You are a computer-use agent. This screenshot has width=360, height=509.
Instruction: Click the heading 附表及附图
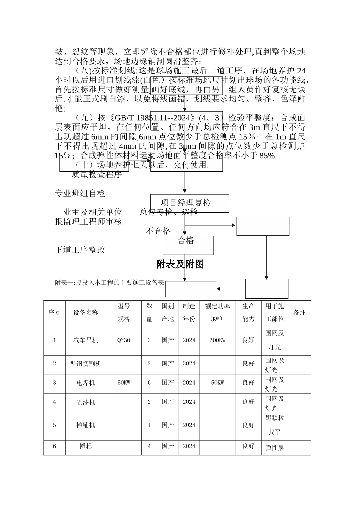pyautogui.click(x=180, y=264)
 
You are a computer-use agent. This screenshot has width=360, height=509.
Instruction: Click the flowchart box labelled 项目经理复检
pyautogui.click(x=186, y=203)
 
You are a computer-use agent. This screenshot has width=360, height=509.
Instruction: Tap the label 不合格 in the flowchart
pyautogui.click(x=158, y=231)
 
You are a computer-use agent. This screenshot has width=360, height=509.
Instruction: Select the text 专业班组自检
pyautogui.click(x=80, y=194)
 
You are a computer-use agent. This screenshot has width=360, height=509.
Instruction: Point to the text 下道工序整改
pyautogui.click(x=80, y=250)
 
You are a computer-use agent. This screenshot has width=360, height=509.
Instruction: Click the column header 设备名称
pyautogui.click(x=86, y=312)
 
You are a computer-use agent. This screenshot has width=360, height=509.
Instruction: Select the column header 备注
pyautogui.click(x=299, y=312)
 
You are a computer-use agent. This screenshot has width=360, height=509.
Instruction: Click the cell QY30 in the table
pyautogui.click(x=124, y=340)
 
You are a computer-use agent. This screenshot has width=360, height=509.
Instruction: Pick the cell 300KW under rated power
pyautogui.click(x=217, y=340)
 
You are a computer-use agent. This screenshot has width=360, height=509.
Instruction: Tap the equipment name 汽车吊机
pyautogui.click(x=86, y=340)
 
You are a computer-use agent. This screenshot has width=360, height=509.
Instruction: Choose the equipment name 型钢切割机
pyautogui.click(x=86, y=364)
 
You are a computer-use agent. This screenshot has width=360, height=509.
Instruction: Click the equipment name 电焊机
pyautogui.click(x=86, y=383)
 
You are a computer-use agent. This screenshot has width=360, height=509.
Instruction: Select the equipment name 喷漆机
pyautogui.click(x=86, y=402)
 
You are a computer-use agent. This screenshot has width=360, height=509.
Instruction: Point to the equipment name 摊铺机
pyautogui.click(x=86, y=425)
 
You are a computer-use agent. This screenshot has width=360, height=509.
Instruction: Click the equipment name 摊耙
pyautogui.click(x=86, y=446)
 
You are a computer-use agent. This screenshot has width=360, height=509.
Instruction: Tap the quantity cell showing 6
pyautogui.click(x=149, y=383)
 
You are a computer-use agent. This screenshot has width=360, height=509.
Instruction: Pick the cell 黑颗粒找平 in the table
pyautogui.click(x=274, y=425)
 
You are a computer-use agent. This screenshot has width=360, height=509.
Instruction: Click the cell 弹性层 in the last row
pyautogui.click(x=274, y=448)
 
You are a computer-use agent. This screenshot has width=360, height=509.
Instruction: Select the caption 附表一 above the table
pyautogui.click(x=110, y=283)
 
